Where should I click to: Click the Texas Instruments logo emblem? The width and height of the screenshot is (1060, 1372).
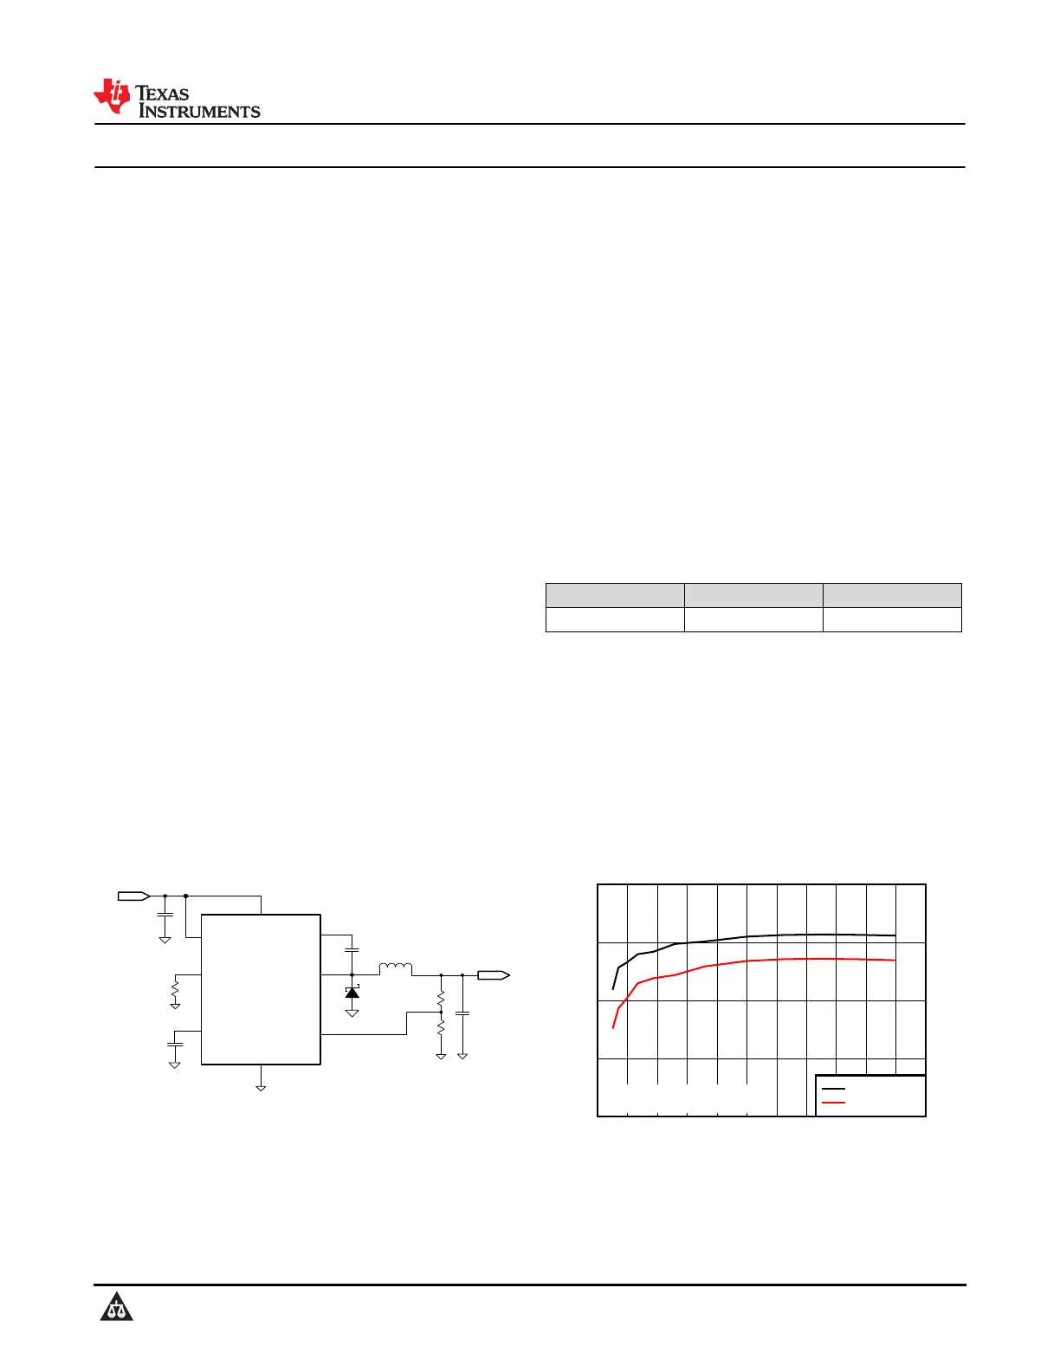point(112,96)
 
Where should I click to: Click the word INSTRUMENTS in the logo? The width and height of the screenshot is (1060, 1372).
point(199,111)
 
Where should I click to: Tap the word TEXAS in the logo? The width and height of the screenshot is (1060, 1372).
point(162,94)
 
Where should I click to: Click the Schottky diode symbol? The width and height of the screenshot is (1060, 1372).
point(352,993)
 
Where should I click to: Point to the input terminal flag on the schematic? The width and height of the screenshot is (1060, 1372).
point(134,896)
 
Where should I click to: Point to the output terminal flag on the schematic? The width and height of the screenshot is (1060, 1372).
point(494,975)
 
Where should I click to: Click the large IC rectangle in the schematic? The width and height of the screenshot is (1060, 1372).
point(261,989)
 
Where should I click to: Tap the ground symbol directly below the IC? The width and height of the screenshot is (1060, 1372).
point(261,1088)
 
